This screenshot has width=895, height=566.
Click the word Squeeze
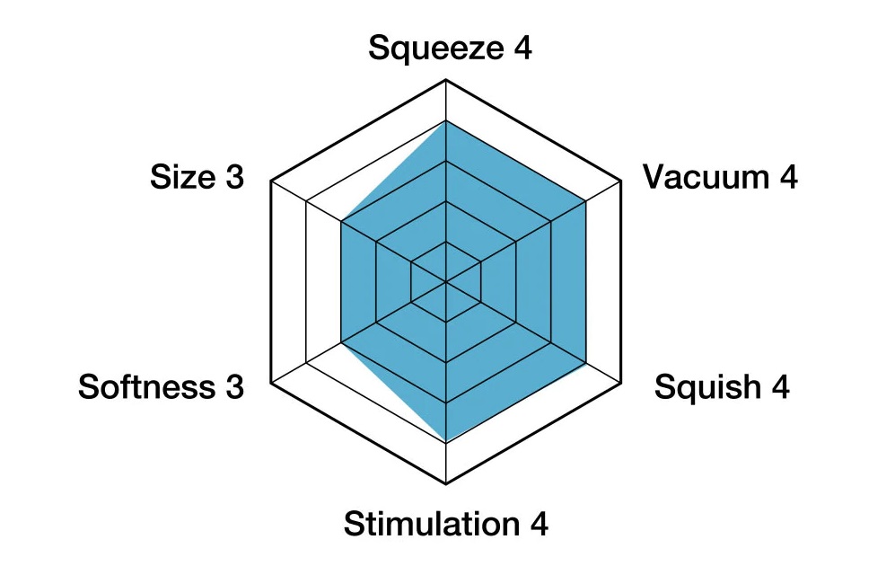click(435, 49)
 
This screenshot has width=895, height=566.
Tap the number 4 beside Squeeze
click(522, 48)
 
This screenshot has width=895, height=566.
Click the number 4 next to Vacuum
click(787, 177)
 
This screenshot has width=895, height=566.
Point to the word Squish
click(706, 388)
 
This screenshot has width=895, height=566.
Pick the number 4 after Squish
click(779, 387)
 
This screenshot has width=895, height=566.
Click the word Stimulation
click(432, 524)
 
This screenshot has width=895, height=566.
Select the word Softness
click(147, 387)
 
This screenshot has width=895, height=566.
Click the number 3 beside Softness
click(233, 387)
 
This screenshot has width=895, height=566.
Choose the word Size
click(183, 177)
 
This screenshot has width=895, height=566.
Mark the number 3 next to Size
click(233, 177)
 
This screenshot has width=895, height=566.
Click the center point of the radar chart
click(446, 282)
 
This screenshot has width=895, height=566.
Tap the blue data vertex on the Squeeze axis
click(446, 121)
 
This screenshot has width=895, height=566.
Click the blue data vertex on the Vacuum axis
click(585, 201)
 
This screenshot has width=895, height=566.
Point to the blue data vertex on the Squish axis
click(585, 363)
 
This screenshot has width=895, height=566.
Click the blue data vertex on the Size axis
click(341, 222)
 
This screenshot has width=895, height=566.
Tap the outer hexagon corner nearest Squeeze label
click(446, 81)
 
